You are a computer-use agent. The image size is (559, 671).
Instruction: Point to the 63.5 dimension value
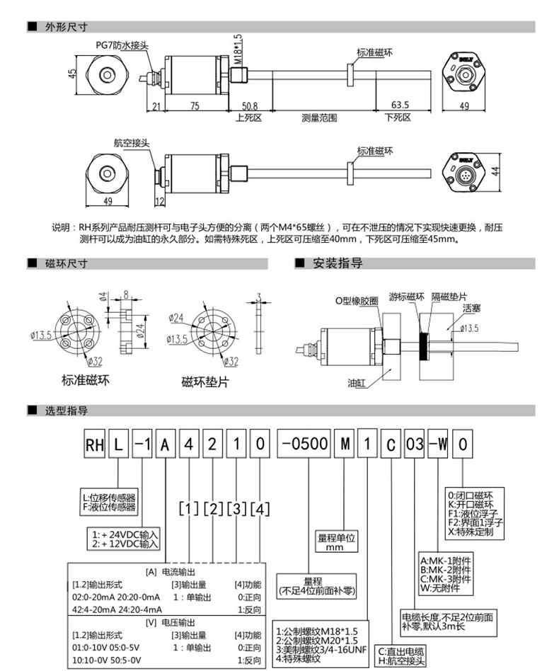[x=400, y=105]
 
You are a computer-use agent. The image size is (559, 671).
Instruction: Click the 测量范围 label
[x=319, y=117]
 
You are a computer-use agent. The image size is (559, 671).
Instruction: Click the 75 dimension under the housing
[x=195, y=105]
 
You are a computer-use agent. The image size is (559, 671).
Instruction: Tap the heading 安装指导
[x=338, y=263]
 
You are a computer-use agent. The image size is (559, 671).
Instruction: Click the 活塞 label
[x=472, y=309]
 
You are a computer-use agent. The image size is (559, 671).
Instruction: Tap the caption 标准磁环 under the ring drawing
[x=86, y=380]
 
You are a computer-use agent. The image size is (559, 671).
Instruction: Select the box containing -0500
[x=304, y=445]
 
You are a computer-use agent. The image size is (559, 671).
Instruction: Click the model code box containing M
[x=345, y=445]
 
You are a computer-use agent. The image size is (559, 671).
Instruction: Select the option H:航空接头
[x=400, y=660]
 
